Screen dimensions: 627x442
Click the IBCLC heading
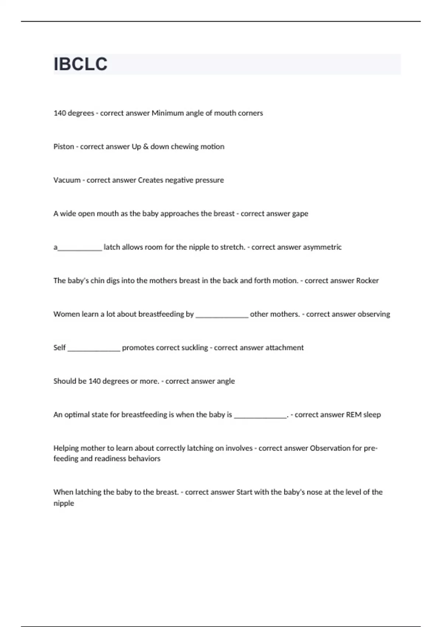(x=80, y=64)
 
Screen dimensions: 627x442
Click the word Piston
(x=64, y=147)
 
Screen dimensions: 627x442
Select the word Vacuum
(x=67, y=180)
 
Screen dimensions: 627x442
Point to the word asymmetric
(x=322, y=247)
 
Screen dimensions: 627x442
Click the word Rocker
(x=367, y=281)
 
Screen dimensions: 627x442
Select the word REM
(x=354, y=415)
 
